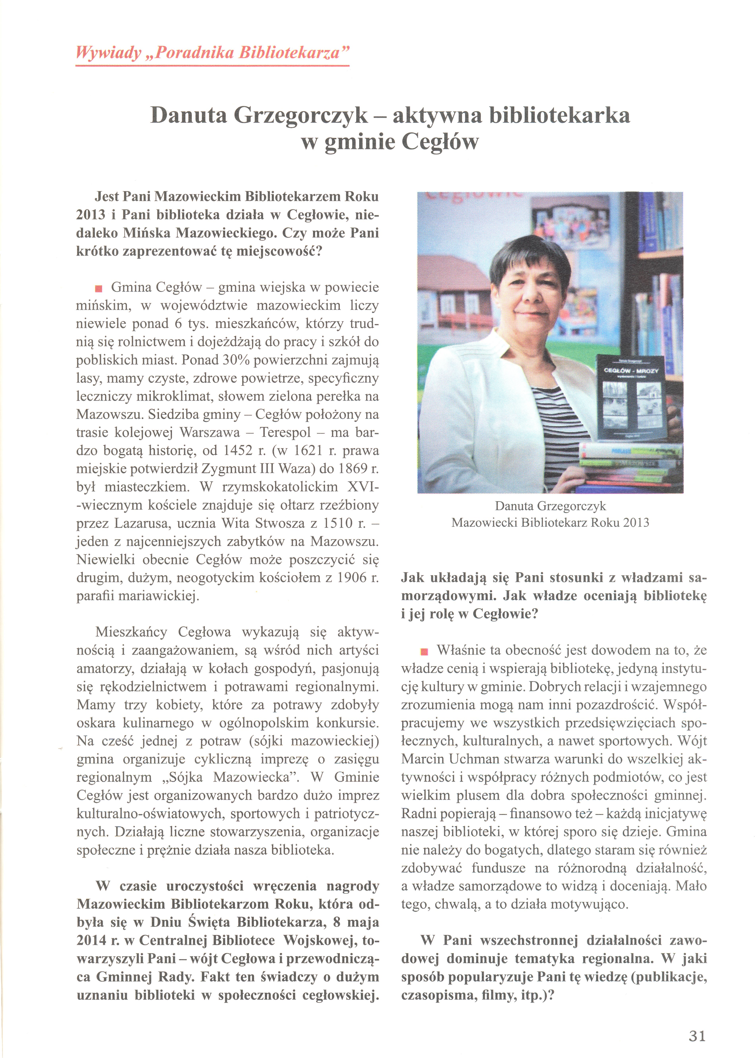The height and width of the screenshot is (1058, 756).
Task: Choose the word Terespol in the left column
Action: [x=285, y=432]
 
